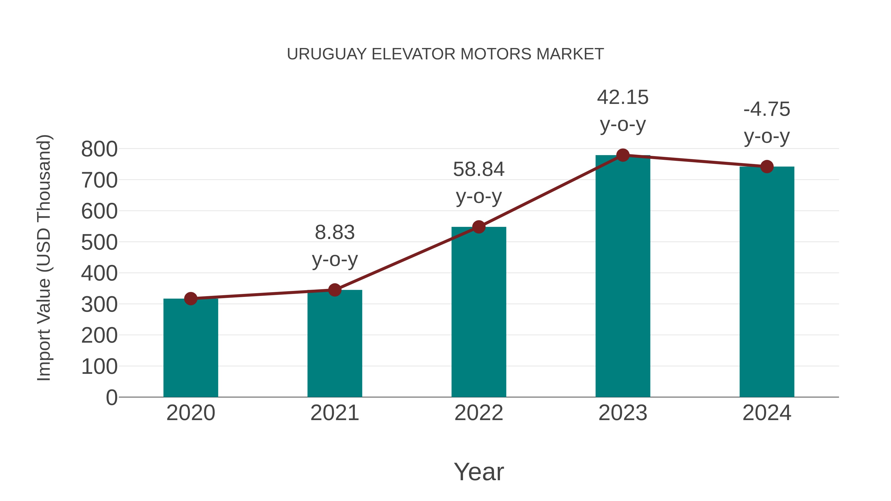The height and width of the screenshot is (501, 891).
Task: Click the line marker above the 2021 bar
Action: pos(334,290)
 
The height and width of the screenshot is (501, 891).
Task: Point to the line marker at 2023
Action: pos(623,155)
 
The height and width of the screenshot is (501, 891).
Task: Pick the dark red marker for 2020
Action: pos(191,298)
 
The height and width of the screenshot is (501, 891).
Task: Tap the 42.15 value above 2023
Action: pos(623,97)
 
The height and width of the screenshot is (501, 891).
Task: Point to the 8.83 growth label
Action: pos(334,232)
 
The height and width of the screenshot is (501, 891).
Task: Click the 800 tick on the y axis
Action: pos(99,149)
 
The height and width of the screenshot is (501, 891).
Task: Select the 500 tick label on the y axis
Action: pos(99,242)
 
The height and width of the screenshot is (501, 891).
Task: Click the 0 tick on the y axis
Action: pos(111,398)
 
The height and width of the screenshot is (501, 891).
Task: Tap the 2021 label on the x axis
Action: pos(334,413)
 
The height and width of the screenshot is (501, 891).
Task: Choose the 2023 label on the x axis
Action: pos(623,413)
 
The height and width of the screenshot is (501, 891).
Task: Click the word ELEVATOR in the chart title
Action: pos(413,54)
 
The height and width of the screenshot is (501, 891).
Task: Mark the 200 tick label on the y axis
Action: pos(99,335)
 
